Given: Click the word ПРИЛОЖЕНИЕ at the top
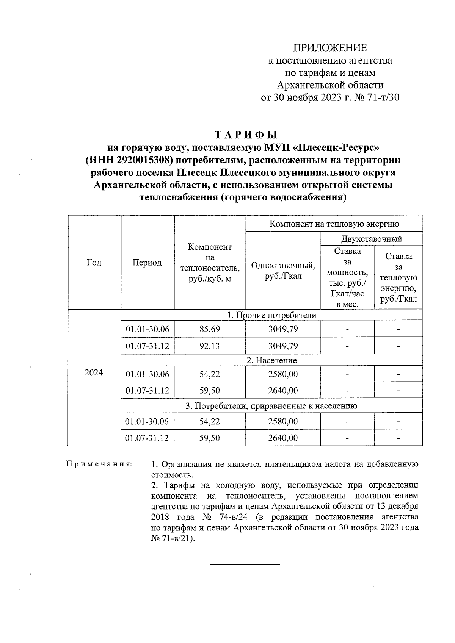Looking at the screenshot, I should (x=330, y=48).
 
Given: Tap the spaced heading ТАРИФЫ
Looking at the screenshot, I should (x=246, y=135).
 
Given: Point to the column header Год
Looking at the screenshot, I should (x=94, y=262).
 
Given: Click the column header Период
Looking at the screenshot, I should (x=147, y=262).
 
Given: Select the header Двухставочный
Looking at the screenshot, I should (x=372, y=239).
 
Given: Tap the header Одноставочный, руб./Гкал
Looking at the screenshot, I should (x=283, y=271).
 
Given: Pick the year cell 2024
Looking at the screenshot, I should (x=94, y=373).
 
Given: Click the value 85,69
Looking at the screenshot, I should (x=210, y=329).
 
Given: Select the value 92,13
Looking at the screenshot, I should (x=210, y=346).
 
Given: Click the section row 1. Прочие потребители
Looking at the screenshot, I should (x=271, y=315).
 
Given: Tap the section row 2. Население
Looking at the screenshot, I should (x=271, y=360).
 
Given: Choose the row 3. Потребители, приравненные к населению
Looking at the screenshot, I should (x=271, y=406).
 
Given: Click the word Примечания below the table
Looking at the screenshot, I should (x=99, y=464).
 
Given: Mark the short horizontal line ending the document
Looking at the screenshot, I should (x=245, y=564).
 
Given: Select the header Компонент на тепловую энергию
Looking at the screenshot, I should (x=334, y=224).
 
